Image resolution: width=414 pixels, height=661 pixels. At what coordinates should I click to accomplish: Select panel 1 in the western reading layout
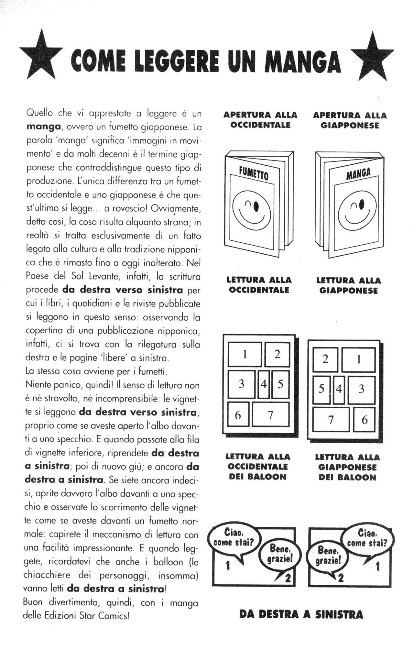245,355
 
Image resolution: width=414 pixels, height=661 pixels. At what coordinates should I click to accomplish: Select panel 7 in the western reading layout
270,414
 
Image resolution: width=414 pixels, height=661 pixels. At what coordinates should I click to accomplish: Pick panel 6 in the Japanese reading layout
365,420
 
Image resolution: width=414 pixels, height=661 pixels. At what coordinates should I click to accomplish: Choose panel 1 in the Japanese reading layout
358,360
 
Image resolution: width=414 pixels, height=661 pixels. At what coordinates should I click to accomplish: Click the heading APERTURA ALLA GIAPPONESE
350,120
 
